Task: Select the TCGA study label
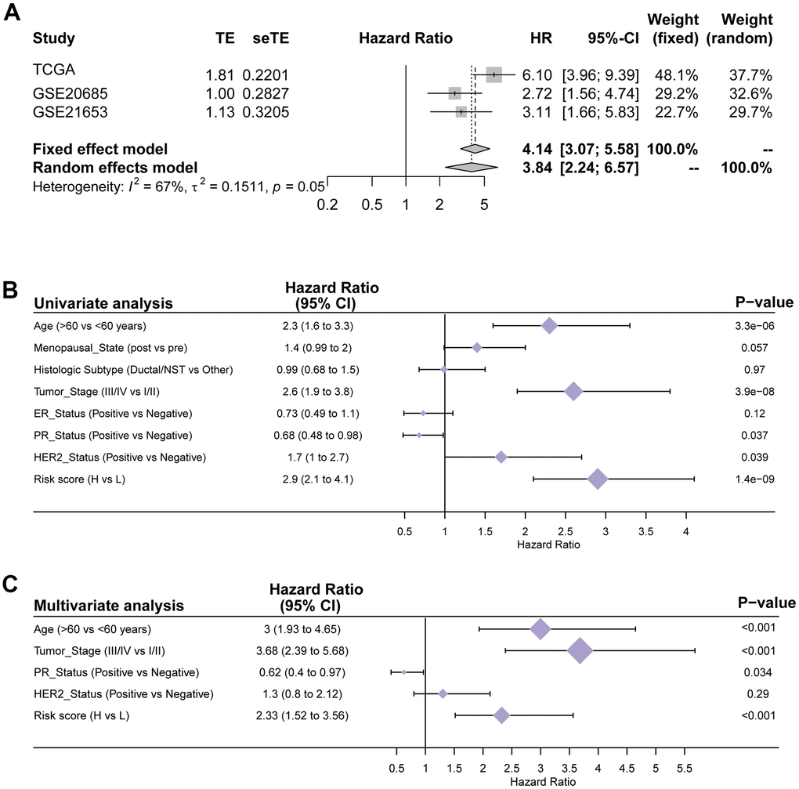pyautogui.click(x=53, y=70)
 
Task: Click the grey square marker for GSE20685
pyautogui.click(x=455, y=93)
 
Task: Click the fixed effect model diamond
pyautogui.click(x=475, y=149)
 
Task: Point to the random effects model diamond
pyautogui.click(x=471, y=166)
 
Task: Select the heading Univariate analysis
pyautogui.click(x=103, y=303)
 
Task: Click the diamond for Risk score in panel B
pyautogui.click(x=598, y=480)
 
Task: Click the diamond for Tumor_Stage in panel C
pyautogui.click(x=580, y=650)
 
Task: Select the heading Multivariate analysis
pyautogui.click(x=109, y=605)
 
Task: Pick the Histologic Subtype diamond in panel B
pyautogui.click(x=444, y=368)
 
